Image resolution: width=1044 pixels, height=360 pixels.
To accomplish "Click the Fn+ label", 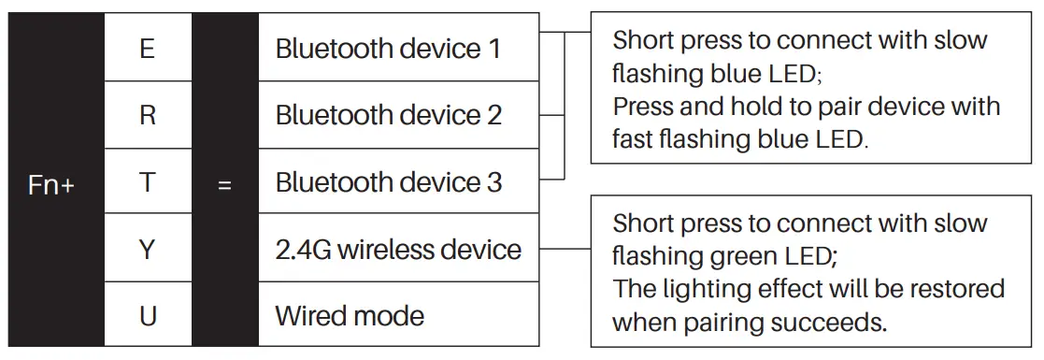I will (52, 184).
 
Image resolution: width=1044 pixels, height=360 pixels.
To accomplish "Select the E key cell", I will (148, 49).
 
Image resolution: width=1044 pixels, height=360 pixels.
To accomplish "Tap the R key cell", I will (148, 116).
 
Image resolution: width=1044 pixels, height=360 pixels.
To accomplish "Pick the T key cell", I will (148, 183).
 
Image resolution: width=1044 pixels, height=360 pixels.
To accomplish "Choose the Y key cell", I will (148, 250).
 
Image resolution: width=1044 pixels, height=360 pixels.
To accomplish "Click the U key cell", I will (148, 315).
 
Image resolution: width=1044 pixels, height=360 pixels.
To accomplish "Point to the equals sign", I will (224, 185).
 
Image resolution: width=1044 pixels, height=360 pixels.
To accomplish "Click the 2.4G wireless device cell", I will (398, 250).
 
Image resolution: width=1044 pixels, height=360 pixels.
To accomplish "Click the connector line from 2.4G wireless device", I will (565, 250).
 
